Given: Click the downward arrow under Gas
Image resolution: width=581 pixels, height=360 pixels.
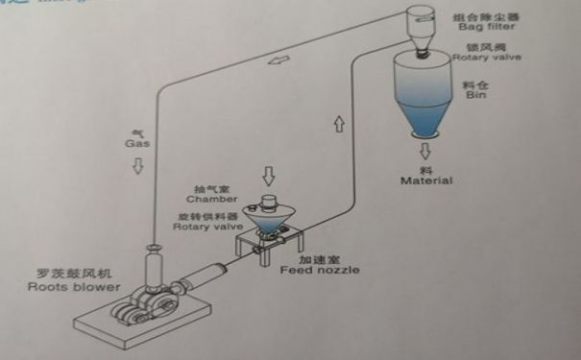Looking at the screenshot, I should (138, 164).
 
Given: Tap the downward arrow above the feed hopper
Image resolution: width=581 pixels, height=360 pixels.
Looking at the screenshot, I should (270, 177).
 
